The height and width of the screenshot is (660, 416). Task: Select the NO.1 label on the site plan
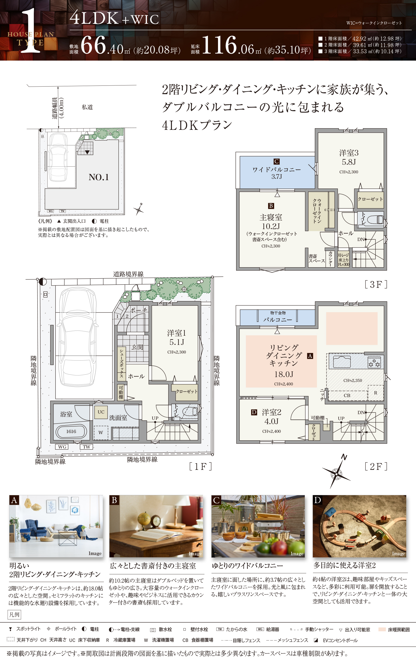[99, 177]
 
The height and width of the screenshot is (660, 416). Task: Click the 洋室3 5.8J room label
[349, 157]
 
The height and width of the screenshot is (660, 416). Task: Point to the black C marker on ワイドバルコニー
[276, 161]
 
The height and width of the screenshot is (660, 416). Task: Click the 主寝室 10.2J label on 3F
[271, 222]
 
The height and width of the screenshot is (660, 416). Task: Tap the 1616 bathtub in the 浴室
[71, 431]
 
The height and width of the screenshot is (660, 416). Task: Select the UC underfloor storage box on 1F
[101, 412]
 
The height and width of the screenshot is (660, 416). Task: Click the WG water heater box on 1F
[62, 447]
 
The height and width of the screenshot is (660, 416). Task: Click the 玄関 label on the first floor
[137, 347]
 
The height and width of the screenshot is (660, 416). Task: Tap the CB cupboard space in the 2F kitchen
[347, 395]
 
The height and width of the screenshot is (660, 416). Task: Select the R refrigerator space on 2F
[375, 393]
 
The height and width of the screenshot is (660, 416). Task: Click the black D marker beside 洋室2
[254, 412]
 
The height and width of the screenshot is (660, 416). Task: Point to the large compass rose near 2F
[336, 474]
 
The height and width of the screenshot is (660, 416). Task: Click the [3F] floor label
[376, 285]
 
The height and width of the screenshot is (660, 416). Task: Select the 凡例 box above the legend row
[14, 615]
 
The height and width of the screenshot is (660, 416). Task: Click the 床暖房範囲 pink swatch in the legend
[382, 630]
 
